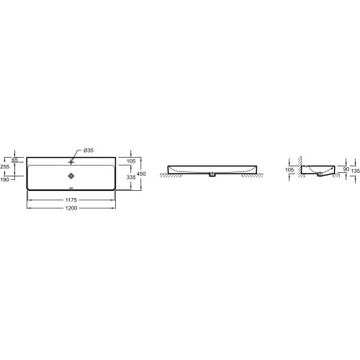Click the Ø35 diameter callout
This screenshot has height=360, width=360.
coord(89,150)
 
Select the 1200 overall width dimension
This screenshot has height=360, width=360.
coord(71,208)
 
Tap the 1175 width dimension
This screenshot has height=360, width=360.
coord(71,200)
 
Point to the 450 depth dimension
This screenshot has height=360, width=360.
coord(141,174)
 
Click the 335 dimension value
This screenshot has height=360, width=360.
coord(131,177)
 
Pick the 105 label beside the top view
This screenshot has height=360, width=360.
coord(131,161)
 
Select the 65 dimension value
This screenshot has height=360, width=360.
coord(15,160)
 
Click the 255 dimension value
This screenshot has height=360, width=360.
coord(5,166)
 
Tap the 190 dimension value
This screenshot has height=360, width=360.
coord(5,179)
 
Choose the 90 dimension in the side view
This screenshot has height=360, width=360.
coord(346,169)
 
